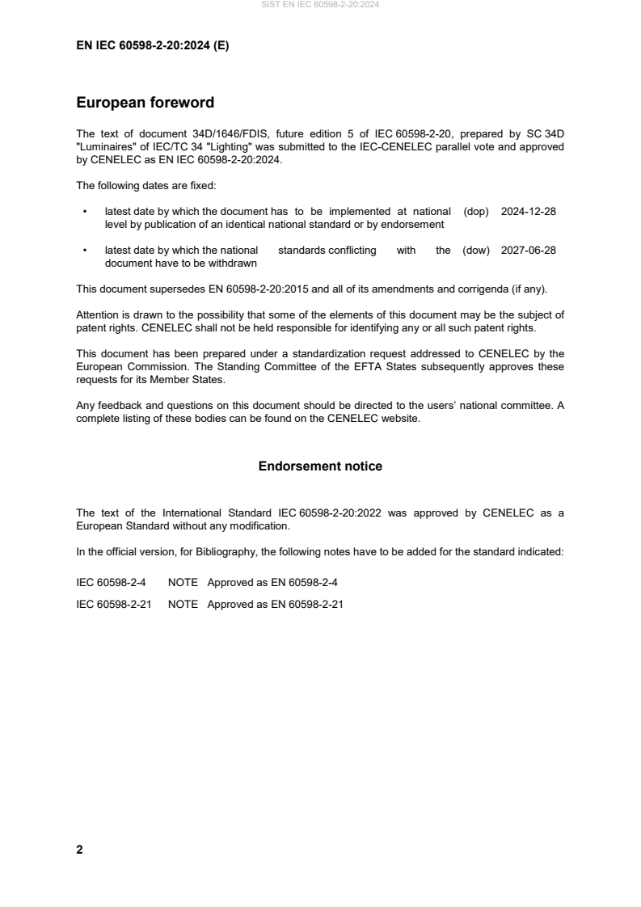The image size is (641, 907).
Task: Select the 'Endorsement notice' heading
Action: pyautogui.click(x=320, y=466)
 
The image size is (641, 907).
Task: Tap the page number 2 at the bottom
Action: pyautogui.click(x=79, y=850)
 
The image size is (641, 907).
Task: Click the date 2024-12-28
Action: pyautogui.click(x=528, y=212)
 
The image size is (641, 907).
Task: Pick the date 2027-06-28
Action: pyautogui.click(x=528, y=251)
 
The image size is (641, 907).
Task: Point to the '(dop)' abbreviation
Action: pyautogui.click(x=476, y=212)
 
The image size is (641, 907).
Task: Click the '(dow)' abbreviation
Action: pyautogui.click(x=476, y=251)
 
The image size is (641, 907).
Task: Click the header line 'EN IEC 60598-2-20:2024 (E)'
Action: pyautogui.click(x=152, y=46)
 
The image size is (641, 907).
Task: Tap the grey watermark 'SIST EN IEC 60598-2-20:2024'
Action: pyautogui.click(x=320, y=5)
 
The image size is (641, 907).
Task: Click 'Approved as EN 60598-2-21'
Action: pyautogui.click(x=275, y=603)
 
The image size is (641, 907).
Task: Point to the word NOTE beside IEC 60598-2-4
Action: pyautogui.click(x=183, y=583)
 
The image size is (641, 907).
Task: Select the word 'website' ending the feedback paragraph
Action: pyautogui.click(x=402, y=419)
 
